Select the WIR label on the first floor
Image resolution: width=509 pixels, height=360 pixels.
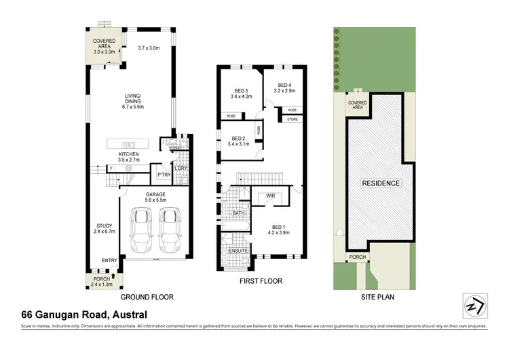[x=269, y=196]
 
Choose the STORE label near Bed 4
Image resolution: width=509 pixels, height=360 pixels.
[x=292, y=120]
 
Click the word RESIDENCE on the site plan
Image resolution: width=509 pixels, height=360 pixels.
[x=381, y=183]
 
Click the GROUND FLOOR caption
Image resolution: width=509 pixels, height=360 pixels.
[x=147, y=298]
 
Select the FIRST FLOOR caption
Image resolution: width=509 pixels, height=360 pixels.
[x=261, y=281]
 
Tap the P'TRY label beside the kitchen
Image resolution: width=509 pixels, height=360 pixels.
[x=163, y=174]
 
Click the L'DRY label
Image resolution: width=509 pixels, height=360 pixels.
[x=181, y=168]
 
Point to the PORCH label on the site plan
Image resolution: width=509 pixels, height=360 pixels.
[x=357, y=257]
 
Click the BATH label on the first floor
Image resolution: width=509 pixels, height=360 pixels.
[x=238, y=213]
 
